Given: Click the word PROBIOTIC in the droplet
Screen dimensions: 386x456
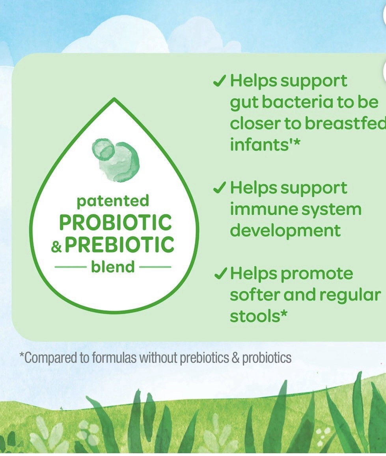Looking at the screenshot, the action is [116, 222].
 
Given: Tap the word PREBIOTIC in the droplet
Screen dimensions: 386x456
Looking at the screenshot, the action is [119, 244].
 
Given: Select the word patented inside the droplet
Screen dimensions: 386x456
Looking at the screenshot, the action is [113, 201].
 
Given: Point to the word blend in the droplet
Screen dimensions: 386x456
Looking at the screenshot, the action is [113, 267].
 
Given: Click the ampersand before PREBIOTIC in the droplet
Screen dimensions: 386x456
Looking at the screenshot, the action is [56, 247].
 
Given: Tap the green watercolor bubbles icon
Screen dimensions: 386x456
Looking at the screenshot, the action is [116, 160].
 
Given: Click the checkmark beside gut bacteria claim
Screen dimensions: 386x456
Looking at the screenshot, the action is [220, 81].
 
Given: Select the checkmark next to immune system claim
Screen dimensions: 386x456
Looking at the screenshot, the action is [220, 188].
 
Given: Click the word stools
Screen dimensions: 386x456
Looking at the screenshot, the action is [255, 316].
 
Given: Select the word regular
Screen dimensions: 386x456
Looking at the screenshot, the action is [350, 295].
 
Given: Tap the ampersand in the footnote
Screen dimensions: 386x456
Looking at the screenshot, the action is [236, 358].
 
